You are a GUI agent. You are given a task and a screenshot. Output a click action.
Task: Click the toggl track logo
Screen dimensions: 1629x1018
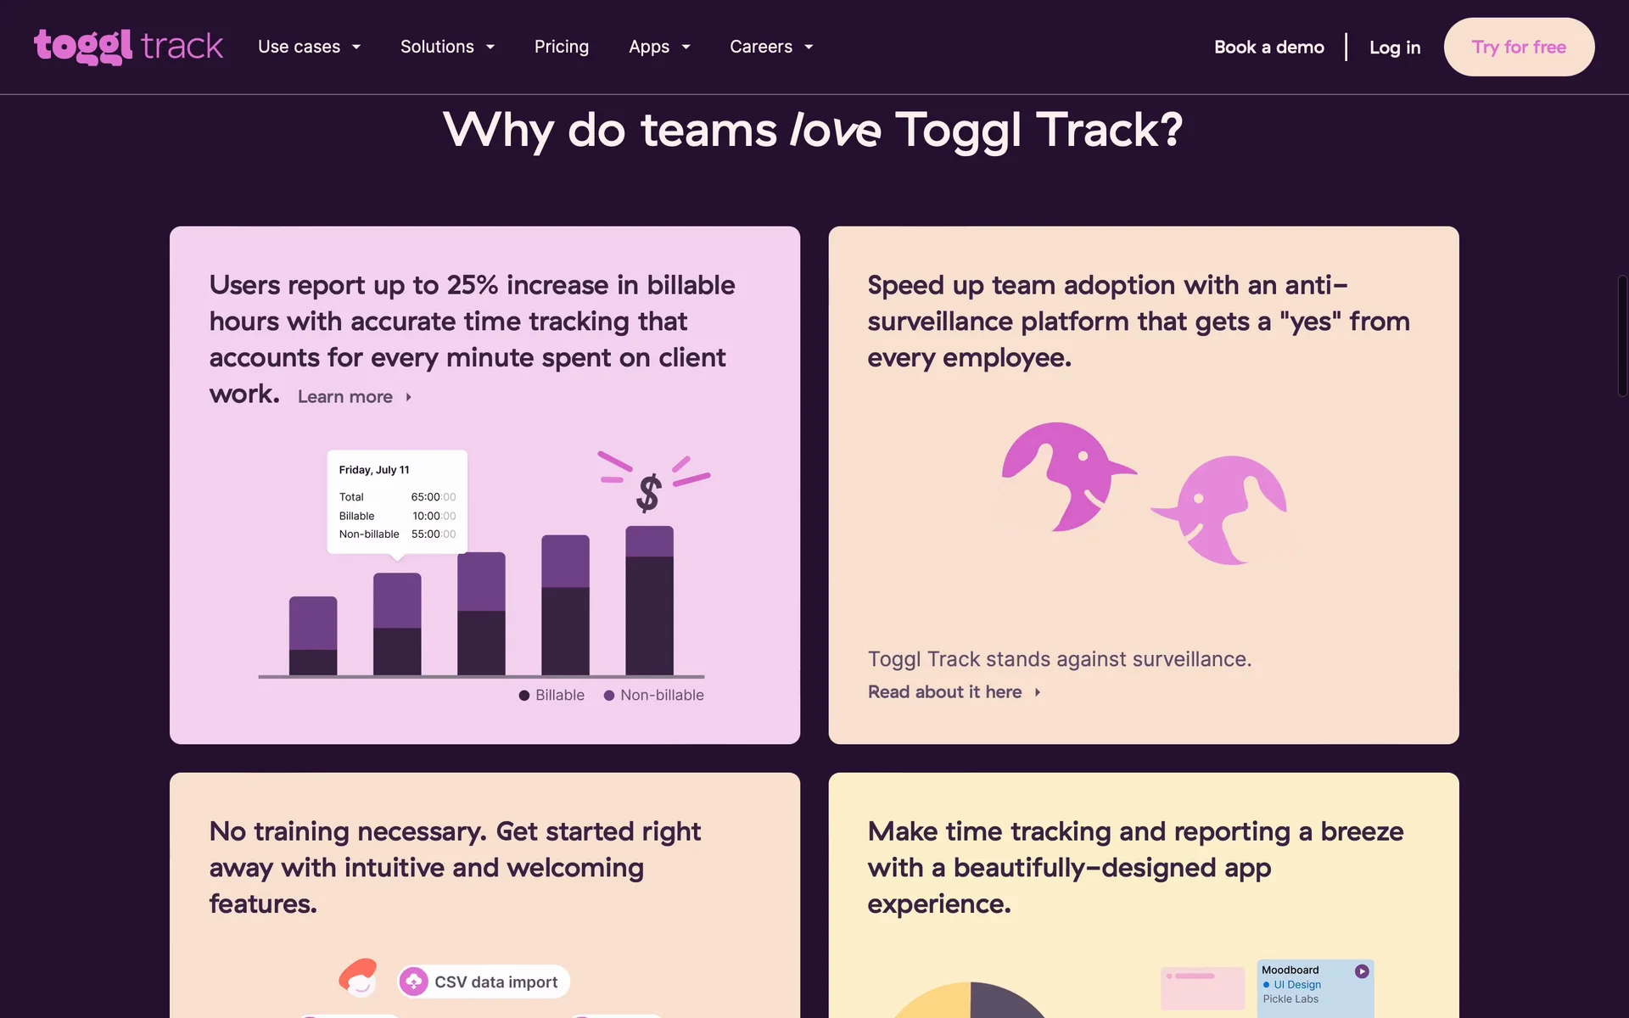(x=128, y=47)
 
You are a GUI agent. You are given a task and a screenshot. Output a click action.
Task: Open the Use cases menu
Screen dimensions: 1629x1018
(x=310, y=47)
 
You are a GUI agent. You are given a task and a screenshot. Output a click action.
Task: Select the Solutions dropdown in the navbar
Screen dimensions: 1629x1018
(x=447, y=47)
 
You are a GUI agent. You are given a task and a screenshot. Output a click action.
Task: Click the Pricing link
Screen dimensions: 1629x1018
(x=562, y=47)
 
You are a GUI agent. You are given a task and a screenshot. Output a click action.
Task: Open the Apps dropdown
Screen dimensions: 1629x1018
(x=659, y=47)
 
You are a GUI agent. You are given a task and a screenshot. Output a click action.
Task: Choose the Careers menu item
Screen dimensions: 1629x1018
(x=771, y=47)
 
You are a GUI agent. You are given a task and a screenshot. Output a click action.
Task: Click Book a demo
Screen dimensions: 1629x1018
(x=1269, y=48)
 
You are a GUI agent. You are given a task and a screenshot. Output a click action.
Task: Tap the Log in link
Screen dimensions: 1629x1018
(x=1395, y=48)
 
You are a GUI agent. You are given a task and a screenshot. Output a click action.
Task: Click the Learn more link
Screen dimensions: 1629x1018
(x=355, y=397)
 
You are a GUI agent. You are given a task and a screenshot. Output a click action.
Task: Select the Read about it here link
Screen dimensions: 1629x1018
(x=954, y=692)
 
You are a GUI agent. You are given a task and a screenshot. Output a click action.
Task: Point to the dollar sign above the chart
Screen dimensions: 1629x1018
(x=649, y=493)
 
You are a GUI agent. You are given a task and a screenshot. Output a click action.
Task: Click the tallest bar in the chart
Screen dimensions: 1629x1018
(x=650, y=601)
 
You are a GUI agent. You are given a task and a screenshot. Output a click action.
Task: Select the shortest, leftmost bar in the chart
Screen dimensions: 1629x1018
(x=313, y=636)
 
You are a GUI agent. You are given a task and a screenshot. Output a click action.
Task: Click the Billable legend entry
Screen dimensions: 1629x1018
(x=551, y=695)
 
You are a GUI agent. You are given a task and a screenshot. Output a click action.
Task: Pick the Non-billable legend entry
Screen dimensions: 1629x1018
(x=653, y=695)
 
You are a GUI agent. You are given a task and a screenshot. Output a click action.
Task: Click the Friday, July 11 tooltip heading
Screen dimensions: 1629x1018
(x=374, y=470)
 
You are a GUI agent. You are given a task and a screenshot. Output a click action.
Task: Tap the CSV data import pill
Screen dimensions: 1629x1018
(x=484, y=982)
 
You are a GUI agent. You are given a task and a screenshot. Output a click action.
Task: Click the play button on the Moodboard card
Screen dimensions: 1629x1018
(x=1362, y=971)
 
